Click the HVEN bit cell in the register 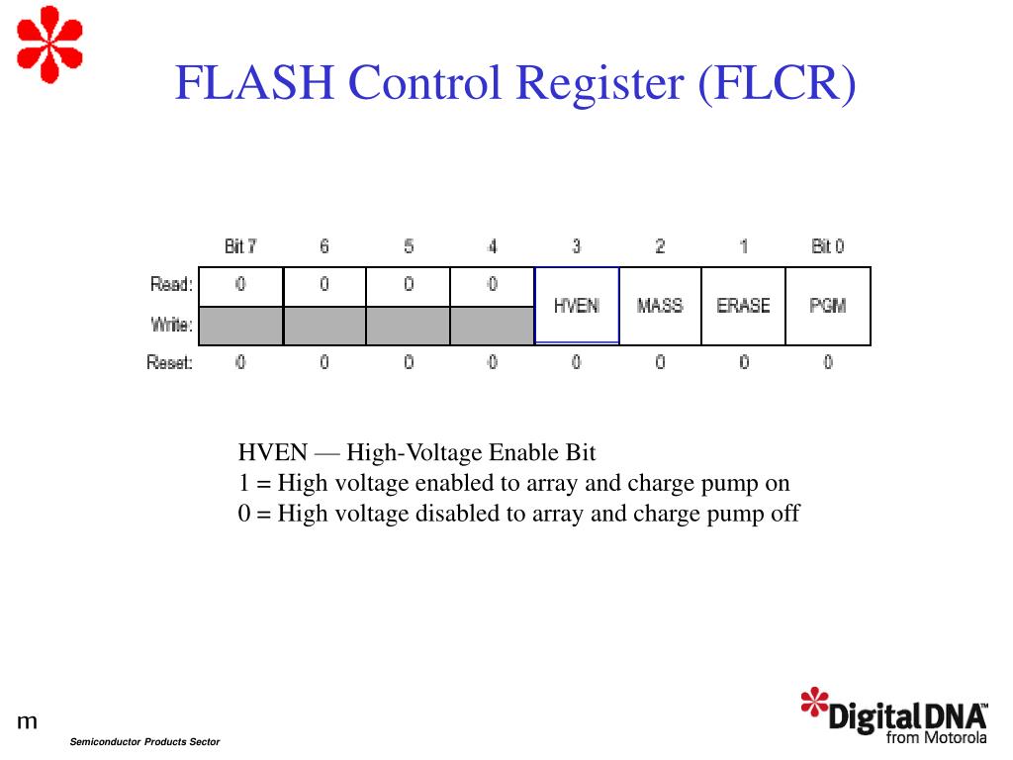[x=577, y=306]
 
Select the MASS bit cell [x=660, y=306]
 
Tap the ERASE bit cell [x=743, y=306]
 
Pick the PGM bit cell [x=827, y=306]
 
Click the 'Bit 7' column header [x=240, y=246]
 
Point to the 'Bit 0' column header [x=827, y=246]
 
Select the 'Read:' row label [x=171, y=285]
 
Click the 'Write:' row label [x=171, y=324]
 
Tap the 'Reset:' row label [x=169, y=363]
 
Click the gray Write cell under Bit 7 [x=240, y=326]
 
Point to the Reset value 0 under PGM [x=828, y=363]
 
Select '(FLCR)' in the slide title [x=777, y=83]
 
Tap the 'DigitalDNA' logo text [x=905, y=715]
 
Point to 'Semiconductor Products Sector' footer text [x=144, y=742]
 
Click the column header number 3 [x=576, y=246]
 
